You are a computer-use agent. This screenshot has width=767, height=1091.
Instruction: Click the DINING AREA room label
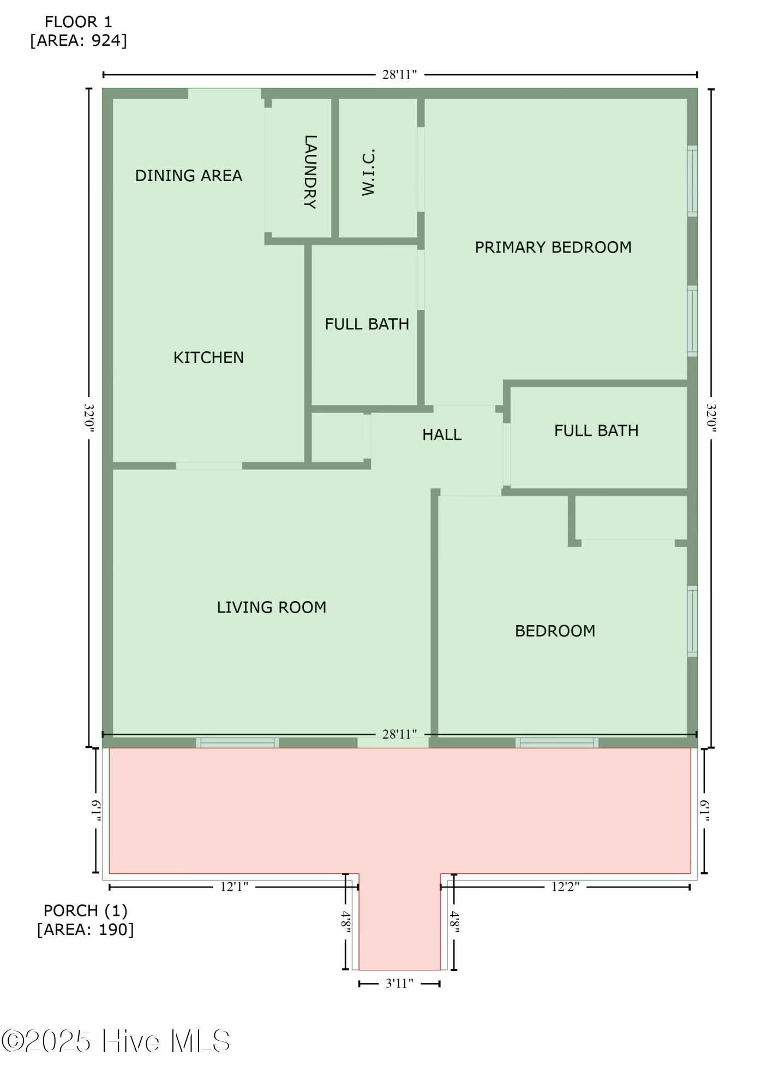point(189,176)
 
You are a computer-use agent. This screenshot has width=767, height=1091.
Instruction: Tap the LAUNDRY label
point(310,172)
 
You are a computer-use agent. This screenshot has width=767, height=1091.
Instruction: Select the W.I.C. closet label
point(369,172)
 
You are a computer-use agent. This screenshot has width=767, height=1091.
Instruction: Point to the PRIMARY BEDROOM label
point(553,248)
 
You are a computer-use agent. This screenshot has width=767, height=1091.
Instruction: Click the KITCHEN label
point(208,358)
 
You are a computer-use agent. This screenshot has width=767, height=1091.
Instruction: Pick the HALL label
point(442,435)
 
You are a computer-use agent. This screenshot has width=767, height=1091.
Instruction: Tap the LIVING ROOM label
point(272,607)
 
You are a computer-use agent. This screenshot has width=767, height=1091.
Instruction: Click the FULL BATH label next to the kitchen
point(367,324)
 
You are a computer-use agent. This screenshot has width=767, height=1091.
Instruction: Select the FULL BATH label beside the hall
point(596,431)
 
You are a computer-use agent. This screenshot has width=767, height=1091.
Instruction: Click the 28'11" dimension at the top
point(399,75)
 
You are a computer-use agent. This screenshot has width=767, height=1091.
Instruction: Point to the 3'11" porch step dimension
point(399,984)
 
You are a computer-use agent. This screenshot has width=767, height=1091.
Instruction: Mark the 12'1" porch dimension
point(234,887)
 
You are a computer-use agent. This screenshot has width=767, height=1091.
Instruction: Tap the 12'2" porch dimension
point(565,887)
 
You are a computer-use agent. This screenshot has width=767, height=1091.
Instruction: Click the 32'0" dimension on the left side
point(89,418)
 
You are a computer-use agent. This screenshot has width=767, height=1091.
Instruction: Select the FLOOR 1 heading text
point(78,22)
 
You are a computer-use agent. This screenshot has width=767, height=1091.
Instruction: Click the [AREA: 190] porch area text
point(86,930)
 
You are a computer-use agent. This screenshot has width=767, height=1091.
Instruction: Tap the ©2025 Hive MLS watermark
point(116,1041)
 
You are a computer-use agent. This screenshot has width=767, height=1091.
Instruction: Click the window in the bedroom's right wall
point(692,621)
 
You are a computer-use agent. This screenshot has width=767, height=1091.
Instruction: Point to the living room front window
point(237,742)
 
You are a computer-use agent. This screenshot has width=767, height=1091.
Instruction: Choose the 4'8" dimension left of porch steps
point(346,922)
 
